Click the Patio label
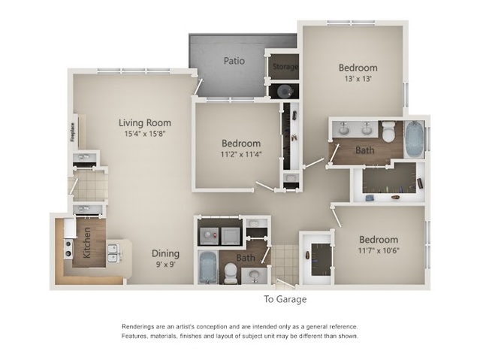234,61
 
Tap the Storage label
285,66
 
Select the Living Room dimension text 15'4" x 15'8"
145,134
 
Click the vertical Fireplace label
73,132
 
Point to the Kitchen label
86,243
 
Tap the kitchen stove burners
68,249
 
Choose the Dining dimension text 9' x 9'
165,264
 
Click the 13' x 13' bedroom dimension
358,79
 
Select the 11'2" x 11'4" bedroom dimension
241,154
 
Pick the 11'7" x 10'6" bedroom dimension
379,250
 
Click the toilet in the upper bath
389,132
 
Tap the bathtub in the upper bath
414,139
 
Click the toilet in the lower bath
230,273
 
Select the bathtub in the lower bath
208,268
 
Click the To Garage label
285,299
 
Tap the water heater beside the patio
284,91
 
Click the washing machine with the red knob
209,236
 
